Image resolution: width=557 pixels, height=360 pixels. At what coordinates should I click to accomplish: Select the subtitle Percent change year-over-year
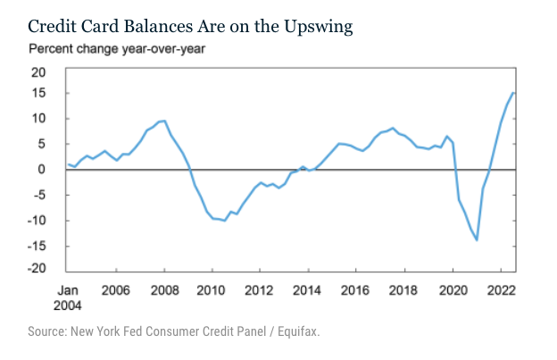(x=117, y=48)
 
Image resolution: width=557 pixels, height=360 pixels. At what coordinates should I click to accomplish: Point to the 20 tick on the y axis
(x=40, y=71)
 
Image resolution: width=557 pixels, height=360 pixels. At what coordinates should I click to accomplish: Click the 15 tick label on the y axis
(x=40, y=94)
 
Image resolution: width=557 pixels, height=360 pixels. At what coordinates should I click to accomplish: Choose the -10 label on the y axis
(x=37, y=221)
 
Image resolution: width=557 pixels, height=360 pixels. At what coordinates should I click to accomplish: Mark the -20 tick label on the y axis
(x=37, y=270)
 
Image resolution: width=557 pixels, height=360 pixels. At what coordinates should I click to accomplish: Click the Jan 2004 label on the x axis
(x=69, y=297)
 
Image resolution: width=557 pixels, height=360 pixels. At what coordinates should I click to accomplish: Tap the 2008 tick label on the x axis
(x=162, y=290)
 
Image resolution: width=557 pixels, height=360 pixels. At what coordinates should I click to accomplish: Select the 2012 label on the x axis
(x=258, y=290)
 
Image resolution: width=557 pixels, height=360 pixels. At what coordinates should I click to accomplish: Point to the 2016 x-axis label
(x=354, y=290)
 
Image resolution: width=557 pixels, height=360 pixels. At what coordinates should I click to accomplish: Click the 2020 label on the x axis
(x=452, y=290)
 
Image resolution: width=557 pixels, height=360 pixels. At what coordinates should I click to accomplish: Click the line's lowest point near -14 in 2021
(x=477, y=239)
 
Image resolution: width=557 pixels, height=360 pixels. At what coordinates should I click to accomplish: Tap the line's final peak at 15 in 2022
(x=513, y=93)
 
